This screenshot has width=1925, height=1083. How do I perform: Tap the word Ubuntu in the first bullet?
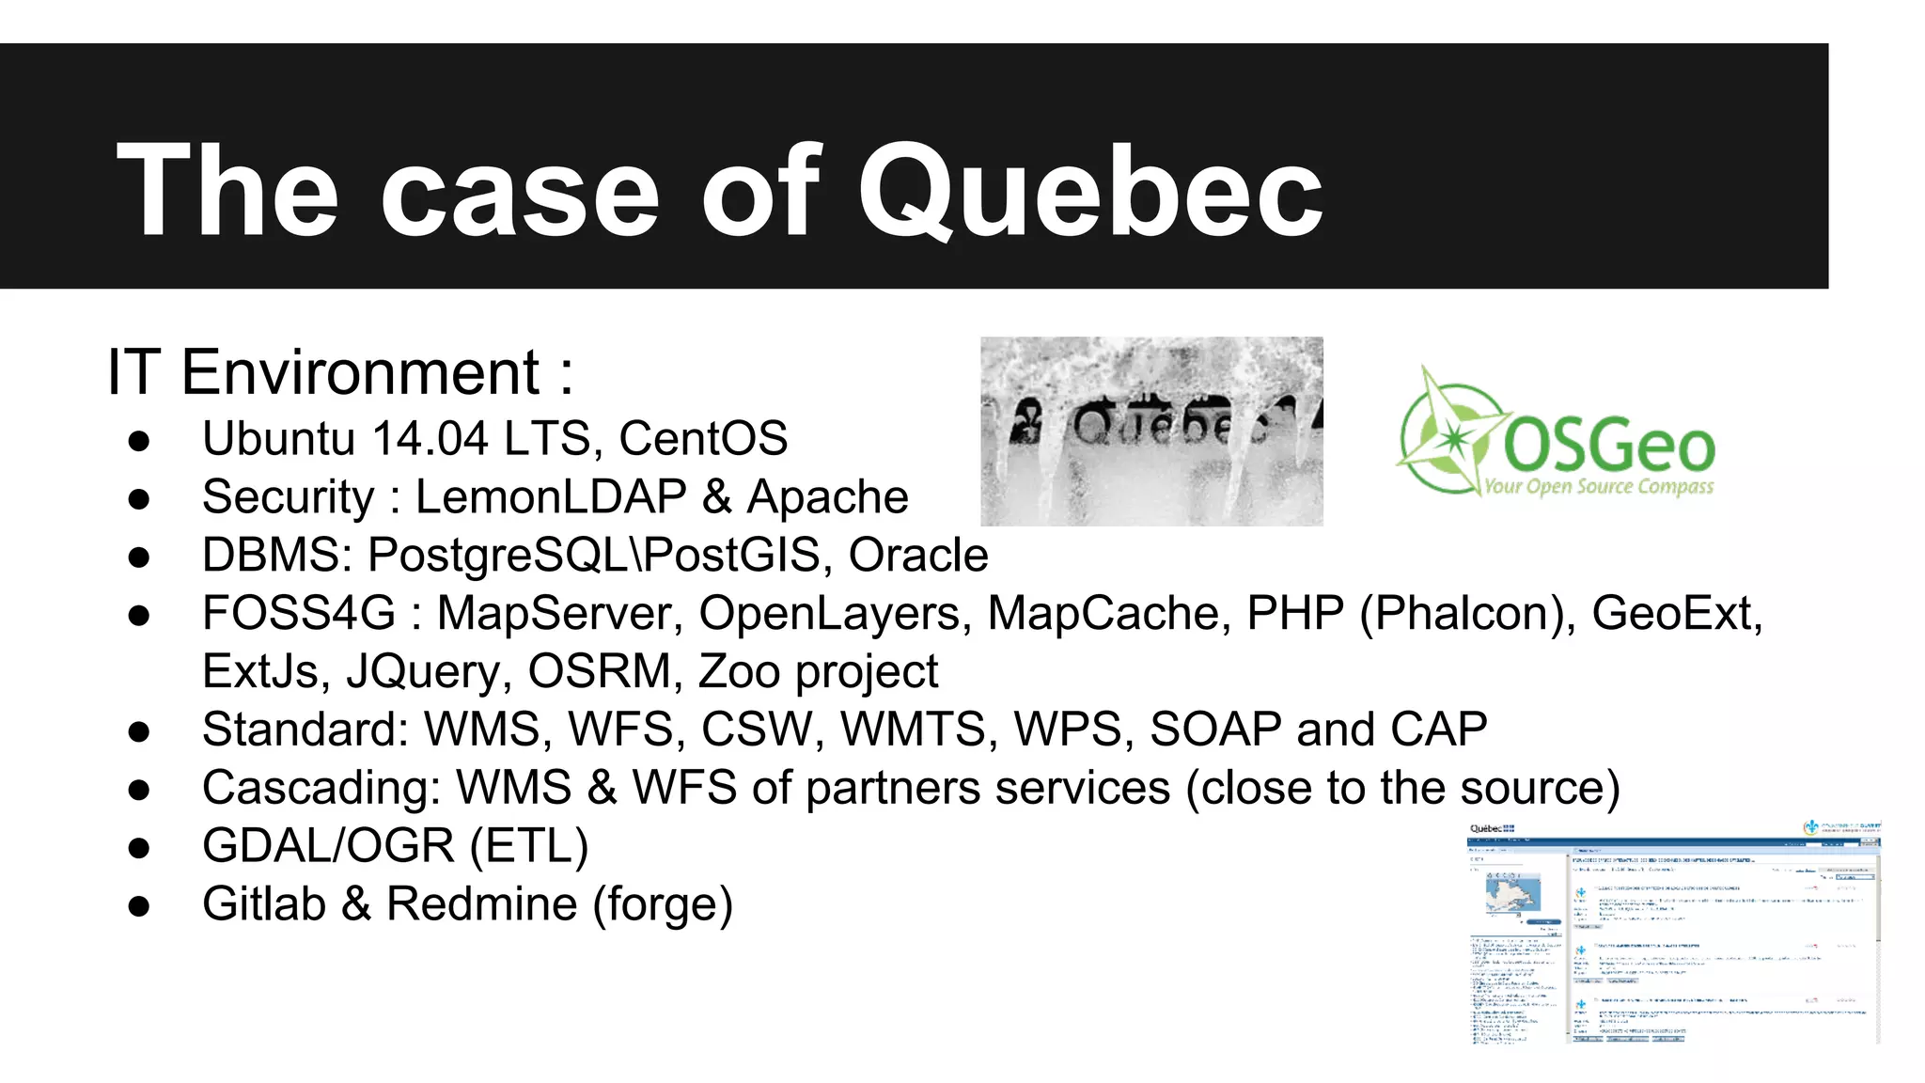(279, 439)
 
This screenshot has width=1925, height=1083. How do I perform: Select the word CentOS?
(703, 439)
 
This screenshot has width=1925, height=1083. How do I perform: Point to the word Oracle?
(918, 556)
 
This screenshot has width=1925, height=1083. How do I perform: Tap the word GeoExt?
(1677, 614)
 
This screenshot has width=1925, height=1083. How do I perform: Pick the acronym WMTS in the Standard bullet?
(918, 730)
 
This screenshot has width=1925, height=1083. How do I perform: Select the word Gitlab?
(264, 904)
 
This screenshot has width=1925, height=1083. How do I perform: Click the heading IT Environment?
(339, 373)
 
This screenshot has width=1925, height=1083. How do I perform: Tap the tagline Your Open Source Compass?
(1598, 487)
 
